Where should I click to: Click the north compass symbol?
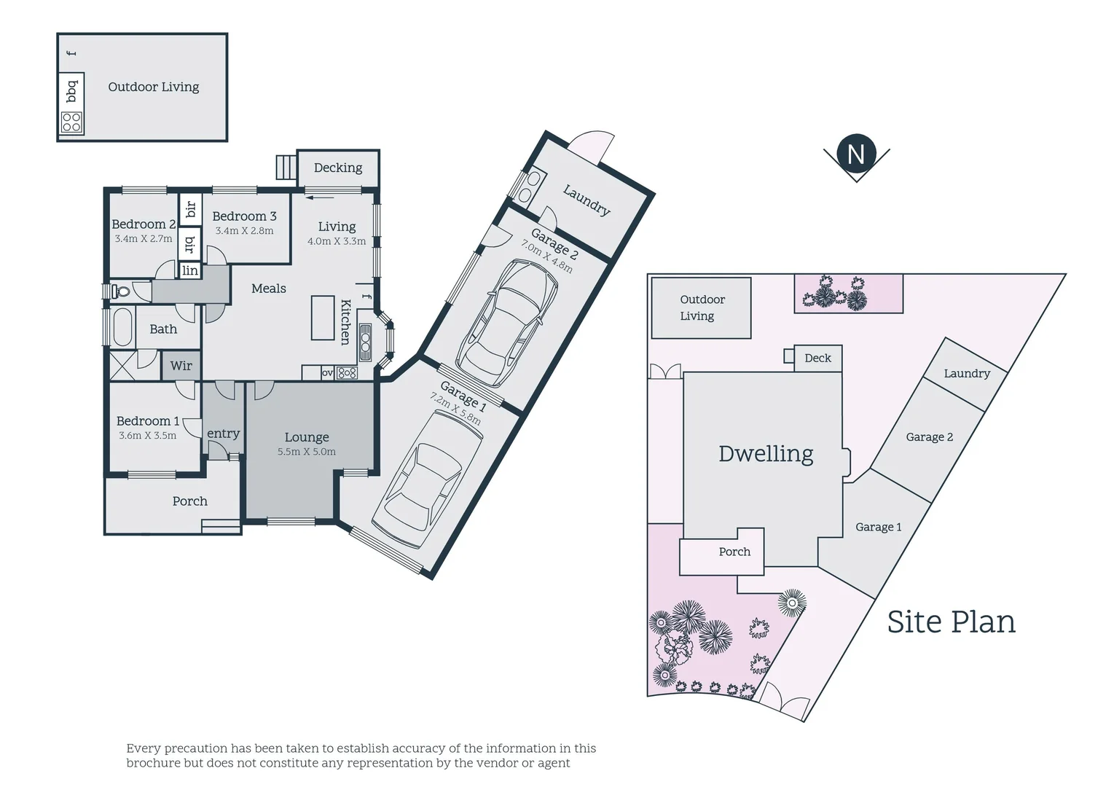[x=856, y=154]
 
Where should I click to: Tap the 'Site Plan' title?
[x=951, y=622]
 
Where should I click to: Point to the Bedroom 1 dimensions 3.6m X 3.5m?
[x=147, y=436]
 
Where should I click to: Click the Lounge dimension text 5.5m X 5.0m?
[x=306, y=452]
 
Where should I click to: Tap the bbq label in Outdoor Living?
[x=71, y=92]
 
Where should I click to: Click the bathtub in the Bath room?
[x=121, y=328]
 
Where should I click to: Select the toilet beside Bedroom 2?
[x=121, y=291]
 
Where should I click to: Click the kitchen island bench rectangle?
[x=323, y=318]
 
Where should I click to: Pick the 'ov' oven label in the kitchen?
[x=328, y=373]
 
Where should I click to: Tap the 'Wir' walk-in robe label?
[x=181, y=366]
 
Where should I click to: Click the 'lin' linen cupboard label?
[x=189, y=271]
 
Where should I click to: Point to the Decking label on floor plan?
[x=338, y=168]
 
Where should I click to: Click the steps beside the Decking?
[x=286, y=168]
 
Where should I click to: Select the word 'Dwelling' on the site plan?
[x=766, y=454]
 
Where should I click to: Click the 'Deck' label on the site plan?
[x=817, y=358]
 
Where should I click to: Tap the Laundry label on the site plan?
[x=967, y=373]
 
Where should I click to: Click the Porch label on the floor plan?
[x=189, y=501]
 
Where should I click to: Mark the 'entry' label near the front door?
[x=223, y=434]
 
